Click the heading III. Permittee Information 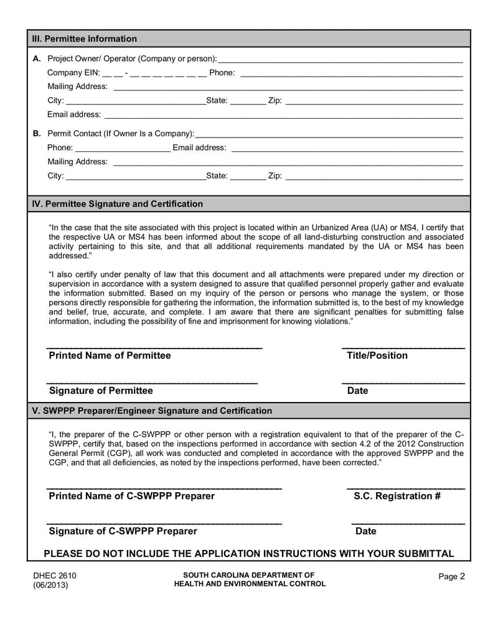[x=85, y=39]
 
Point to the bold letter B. [x=37, y=133]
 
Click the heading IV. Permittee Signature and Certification [x=118, y=203]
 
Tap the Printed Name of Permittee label [x=110, y=355]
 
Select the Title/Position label [x=377, y=355]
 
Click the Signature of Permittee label [x=101, y=391]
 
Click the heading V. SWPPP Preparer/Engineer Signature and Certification [x=153, y=411]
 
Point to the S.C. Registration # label [x=397, y=496]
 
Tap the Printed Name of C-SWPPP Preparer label [x=131, y=496]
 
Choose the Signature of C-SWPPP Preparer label [x=123, y=531]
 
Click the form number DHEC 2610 [x=55, y=576]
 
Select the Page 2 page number [x=451, y=577]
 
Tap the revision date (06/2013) [x=51, y=586]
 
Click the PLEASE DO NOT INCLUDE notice [x=249, y=553]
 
